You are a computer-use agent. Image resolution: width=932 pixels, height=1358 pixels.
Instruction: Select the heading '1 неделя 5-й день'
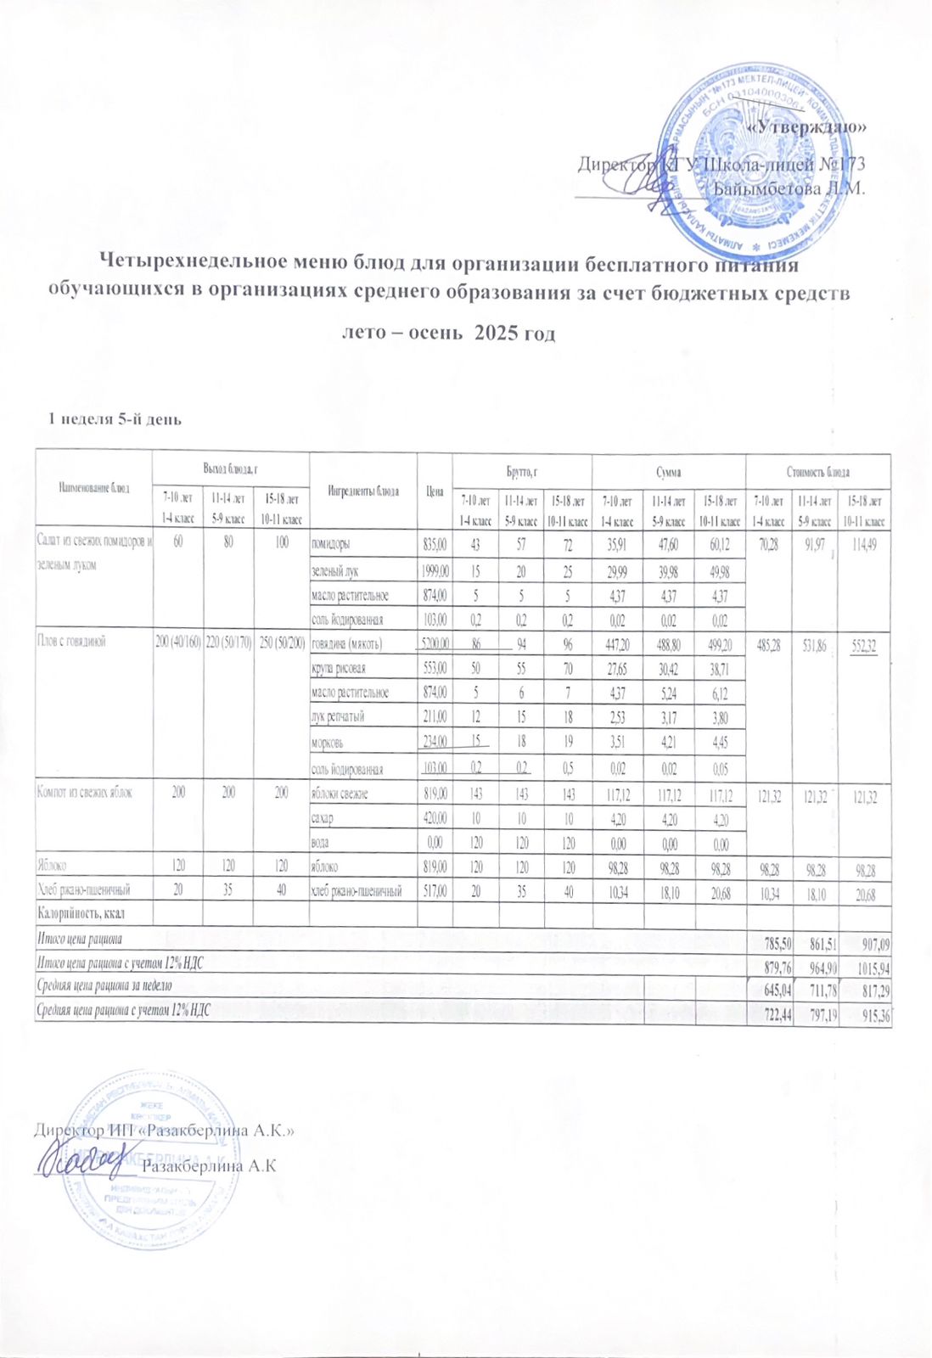coord(115,418)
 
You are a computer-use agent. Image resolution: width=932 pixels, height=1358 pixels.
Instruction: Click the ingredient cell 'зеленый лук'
coord(335,571)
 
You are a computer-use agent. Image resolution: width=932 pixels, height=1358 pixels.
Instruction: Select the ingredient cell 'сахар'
coord(323,818)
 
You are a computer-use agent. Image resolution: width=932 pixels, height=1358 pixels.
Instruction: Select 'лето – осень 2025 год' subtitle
coord(447,333)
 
